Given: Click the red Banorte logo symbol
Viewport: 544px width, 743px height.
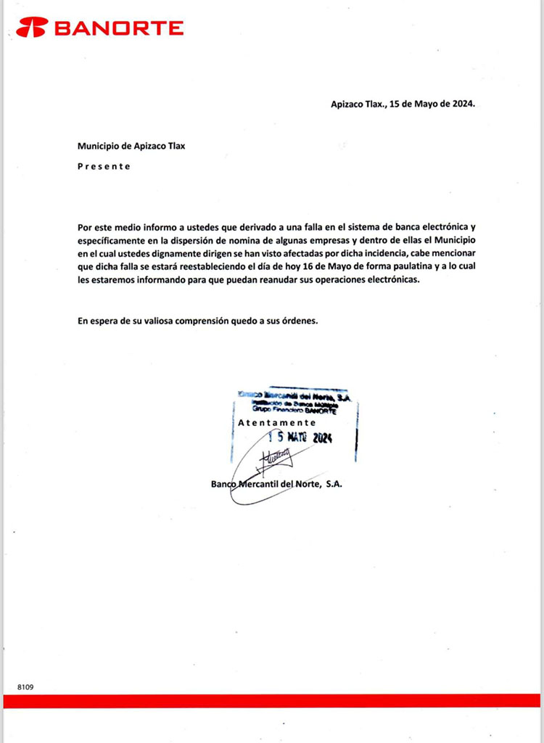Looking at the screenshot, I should [32, 28].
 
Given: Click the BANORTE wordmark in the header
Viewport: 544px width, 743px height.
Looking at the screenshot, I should [119, 28].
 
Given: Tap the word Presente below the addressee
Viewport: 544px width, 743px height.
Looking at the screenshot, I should [104, 166].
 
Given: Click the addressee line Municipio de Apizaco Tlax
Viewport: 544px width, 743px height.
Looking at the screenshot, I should [131, 146].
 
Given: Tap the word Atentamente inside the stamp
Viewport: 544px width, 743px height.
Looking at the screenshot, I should [277, 422].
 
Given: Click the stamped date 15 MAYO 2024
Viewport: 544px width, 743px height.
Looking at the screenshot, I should [300, 438].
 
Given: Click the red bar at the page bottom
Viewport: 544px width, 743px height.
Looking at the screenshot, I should [272, 701].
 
